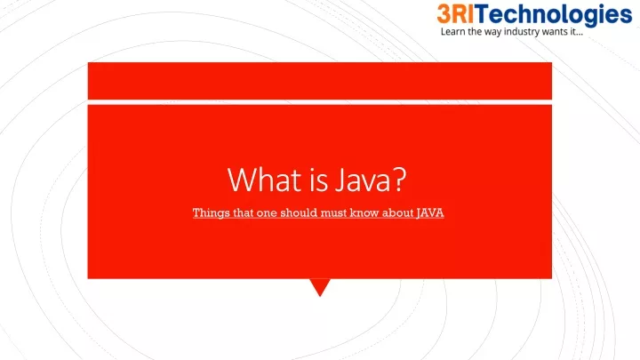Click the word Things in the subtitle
pyautogui.click(x=211, y=212)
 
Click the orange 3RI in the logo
pyautogui.click(x=458, y=14)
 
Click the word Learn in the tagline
pyautogui.click(x=454, y=34)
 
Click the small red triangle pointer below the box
pyautogui.click(x=319, y=287)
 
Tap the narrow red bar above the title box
pyautogui.click(x=319, y=81)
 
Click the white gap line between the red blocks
pyautogui.click(x=319, y=101)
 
